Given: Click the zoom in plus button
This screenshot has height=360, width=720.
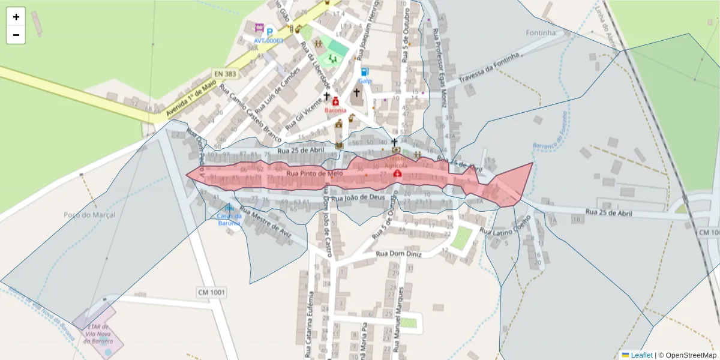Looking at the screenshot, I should (x=16, y=17).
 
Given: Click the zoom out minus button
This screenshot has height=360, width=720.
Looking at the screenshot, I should (x=16, y=35).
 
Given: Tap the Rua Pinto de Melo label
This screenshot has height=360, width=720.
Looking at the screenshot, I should (x=314, y=173).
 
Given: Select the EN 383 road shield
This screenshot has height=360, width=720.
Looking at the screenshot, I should (x=225, y=74).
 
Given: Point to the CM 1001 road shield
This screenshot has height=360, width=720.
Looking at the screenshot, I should (x=211, y=292).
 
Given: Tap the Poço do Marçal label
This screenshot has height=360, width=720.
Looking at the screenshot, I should (x=89, y=214).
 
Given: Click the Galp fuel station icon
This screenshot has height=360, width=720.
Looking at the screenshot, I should (x=365, y=71).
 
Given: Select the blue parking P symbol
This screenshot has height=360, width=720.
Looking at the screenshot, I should (x=270, y=31).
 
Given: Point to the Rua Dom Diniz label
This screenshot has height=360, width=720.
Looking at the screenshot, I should (x=399, y=254).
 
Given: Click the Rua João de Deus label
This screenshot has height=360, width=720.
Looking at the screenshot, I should (x=358, y=197).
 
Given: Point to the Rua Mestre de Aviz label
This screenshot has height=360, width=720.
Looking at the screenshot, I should (x=265, y=223).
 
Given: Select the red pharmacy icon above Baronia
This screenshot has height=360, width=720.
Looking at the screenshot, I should (x=335, y=101).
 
